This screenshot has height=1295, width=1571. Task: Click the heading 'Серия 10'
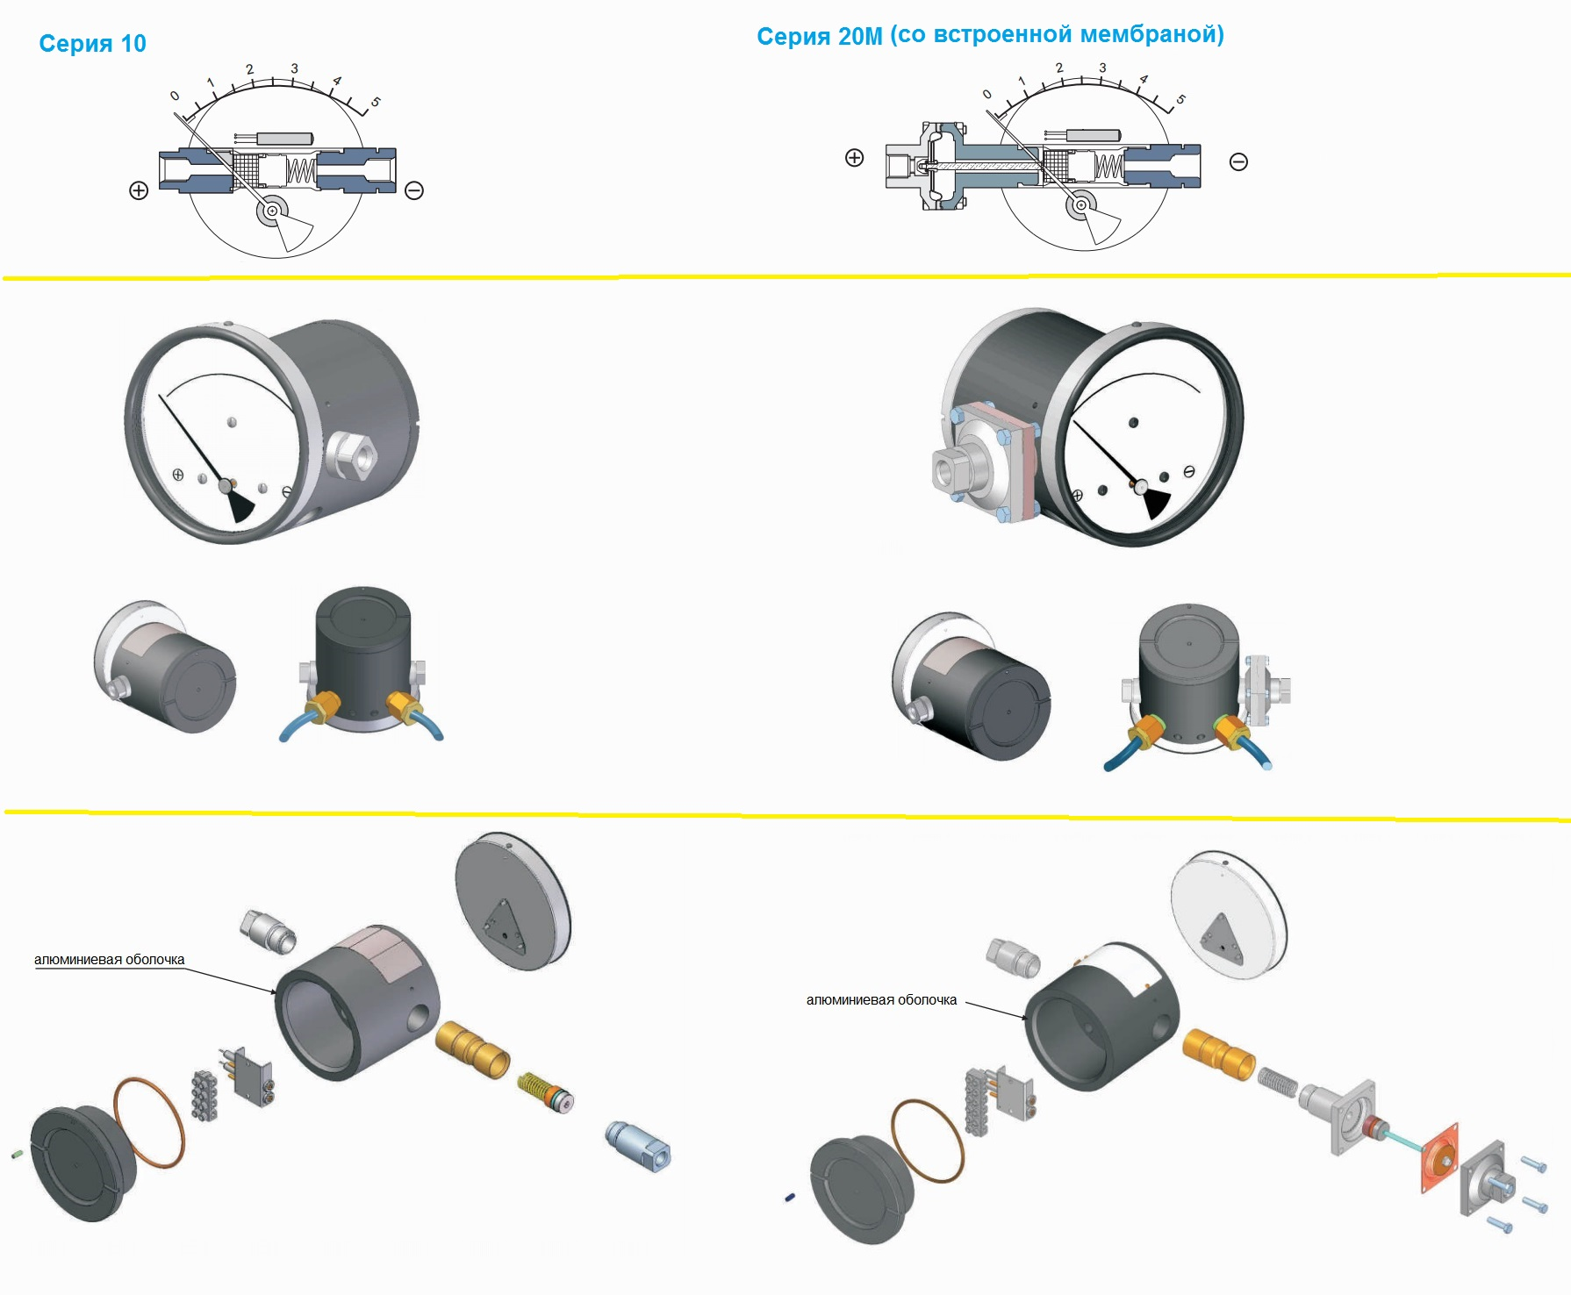click(92, 44)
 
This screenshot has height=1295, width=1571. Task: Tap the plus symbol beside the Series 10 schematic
click(139, 190)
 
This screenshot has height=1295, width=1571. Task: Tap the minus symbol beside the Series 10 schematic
click(414, 190)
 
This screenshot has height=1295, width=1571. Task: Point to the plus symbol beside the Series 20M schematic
click(854, 158)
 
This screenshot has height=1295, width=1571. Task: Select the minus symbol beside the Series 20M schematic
click(1238, 161)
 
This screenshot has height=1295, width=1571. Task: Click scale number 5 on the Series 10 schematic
click(376, 103)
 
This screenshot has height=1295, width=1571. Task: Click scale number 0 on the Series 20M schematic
click(987, 94)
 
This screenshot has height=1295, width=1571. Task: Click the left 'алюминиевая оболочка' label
click(109, 960)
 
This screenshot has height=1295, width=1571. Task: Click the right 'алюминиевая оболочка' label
click(881, 1000)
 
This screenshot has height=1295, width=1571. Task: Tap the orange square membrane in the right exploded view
click(1439, 1157)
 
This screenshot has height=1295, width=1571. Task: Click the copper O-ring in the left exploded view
click(149, 1122)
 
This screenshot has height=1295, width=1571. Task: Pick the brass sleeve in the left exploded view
click(472, 1048)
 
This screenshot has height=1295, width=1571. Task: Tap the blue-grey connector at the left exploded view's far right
click(638, 1147)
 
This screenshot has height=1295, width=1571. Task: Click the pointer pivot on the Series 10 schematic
click(273, 211)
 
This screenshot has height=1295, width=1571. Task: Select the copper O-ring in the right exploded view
click(928, 1141)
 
